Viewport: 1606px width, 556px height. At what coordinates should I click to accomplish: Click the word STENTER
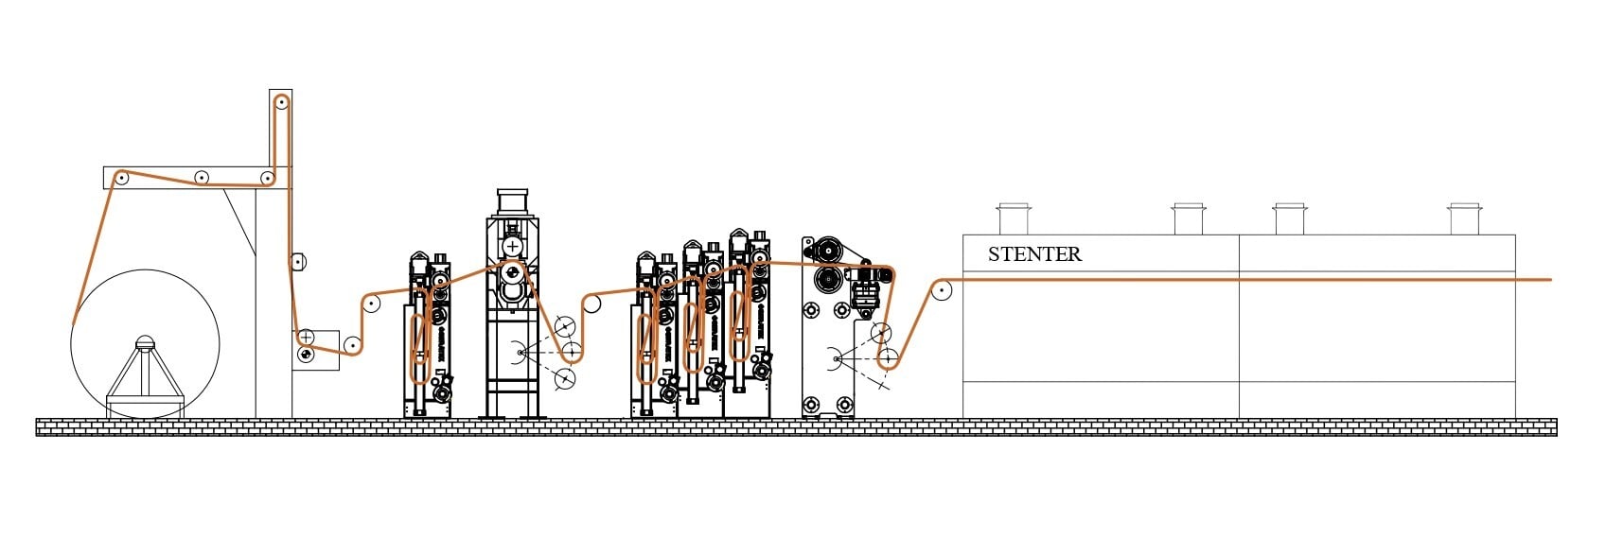1034,253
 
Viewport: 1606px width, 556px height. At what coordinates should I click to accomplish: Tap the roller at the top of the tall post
281,102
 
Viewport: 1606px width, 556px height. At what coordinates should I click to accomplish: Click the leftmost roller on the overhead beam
121,177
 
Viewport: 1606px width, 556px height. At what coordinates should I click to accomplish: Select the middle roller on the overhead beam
201,177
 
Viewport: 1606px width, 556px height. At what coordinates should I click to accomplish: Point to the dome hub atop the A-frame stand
144,342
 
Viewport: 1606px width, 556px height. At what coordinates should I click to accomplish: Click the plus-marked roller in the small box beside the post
306,337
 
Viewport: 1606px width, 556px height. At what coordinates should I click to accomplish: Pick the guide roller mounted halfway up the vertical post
297,262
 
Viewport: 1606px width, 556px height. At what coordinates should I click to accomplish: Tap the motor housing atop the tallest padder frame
512,202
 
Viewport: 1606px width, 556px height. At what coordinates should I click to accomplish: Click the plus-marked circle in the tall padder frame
512,246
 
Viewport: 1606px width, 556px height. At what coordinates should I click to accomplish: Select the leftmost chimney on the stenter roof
1013,218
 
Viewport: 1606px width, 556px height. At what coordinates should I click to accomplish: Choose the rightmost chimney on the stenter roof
1463,218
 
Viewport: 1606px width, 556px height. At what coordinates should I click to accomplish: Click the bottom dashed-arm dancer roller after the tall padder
565,379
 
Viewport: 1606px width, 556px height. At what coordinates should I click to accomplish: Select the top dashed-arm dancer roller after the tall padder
565,327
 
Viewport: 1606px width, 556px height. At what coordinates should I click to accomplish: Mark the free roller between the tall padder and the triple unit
591,304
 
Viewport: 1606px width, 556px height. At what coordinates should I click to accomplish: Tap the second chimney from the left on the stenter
1188,218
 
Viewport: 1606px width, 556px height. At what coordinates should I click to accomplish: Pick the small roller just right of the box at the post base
352,345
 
